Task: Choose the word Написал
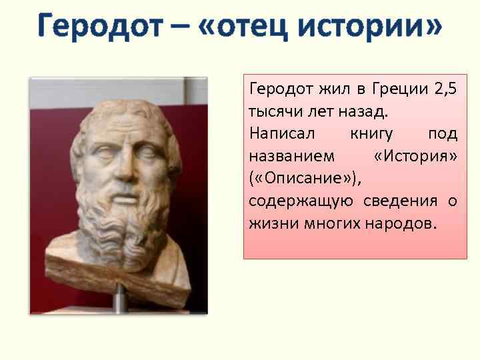[x=277, y=133]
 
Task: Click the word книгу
[x=372, y=133]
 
